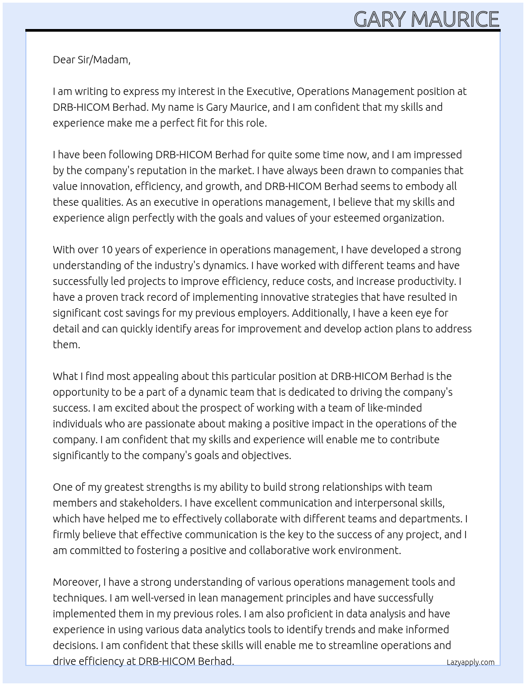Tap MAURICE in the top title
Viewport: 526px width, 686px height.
(455, 20)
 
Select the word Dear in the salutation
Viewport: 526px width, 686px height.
(64, 60)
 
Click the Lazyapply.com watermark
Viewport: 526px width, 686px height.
(471, 662)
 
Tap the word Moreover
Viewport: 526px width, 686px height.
(77, 582)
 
